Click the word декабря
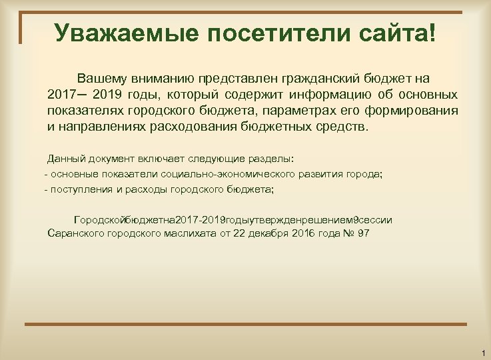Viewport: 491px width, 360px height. [x=270, y=234]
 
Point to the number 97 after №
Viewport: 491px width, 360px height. [x=364, y=234]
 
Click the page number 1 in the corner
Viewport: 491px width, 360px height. [x=481, y=351]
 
